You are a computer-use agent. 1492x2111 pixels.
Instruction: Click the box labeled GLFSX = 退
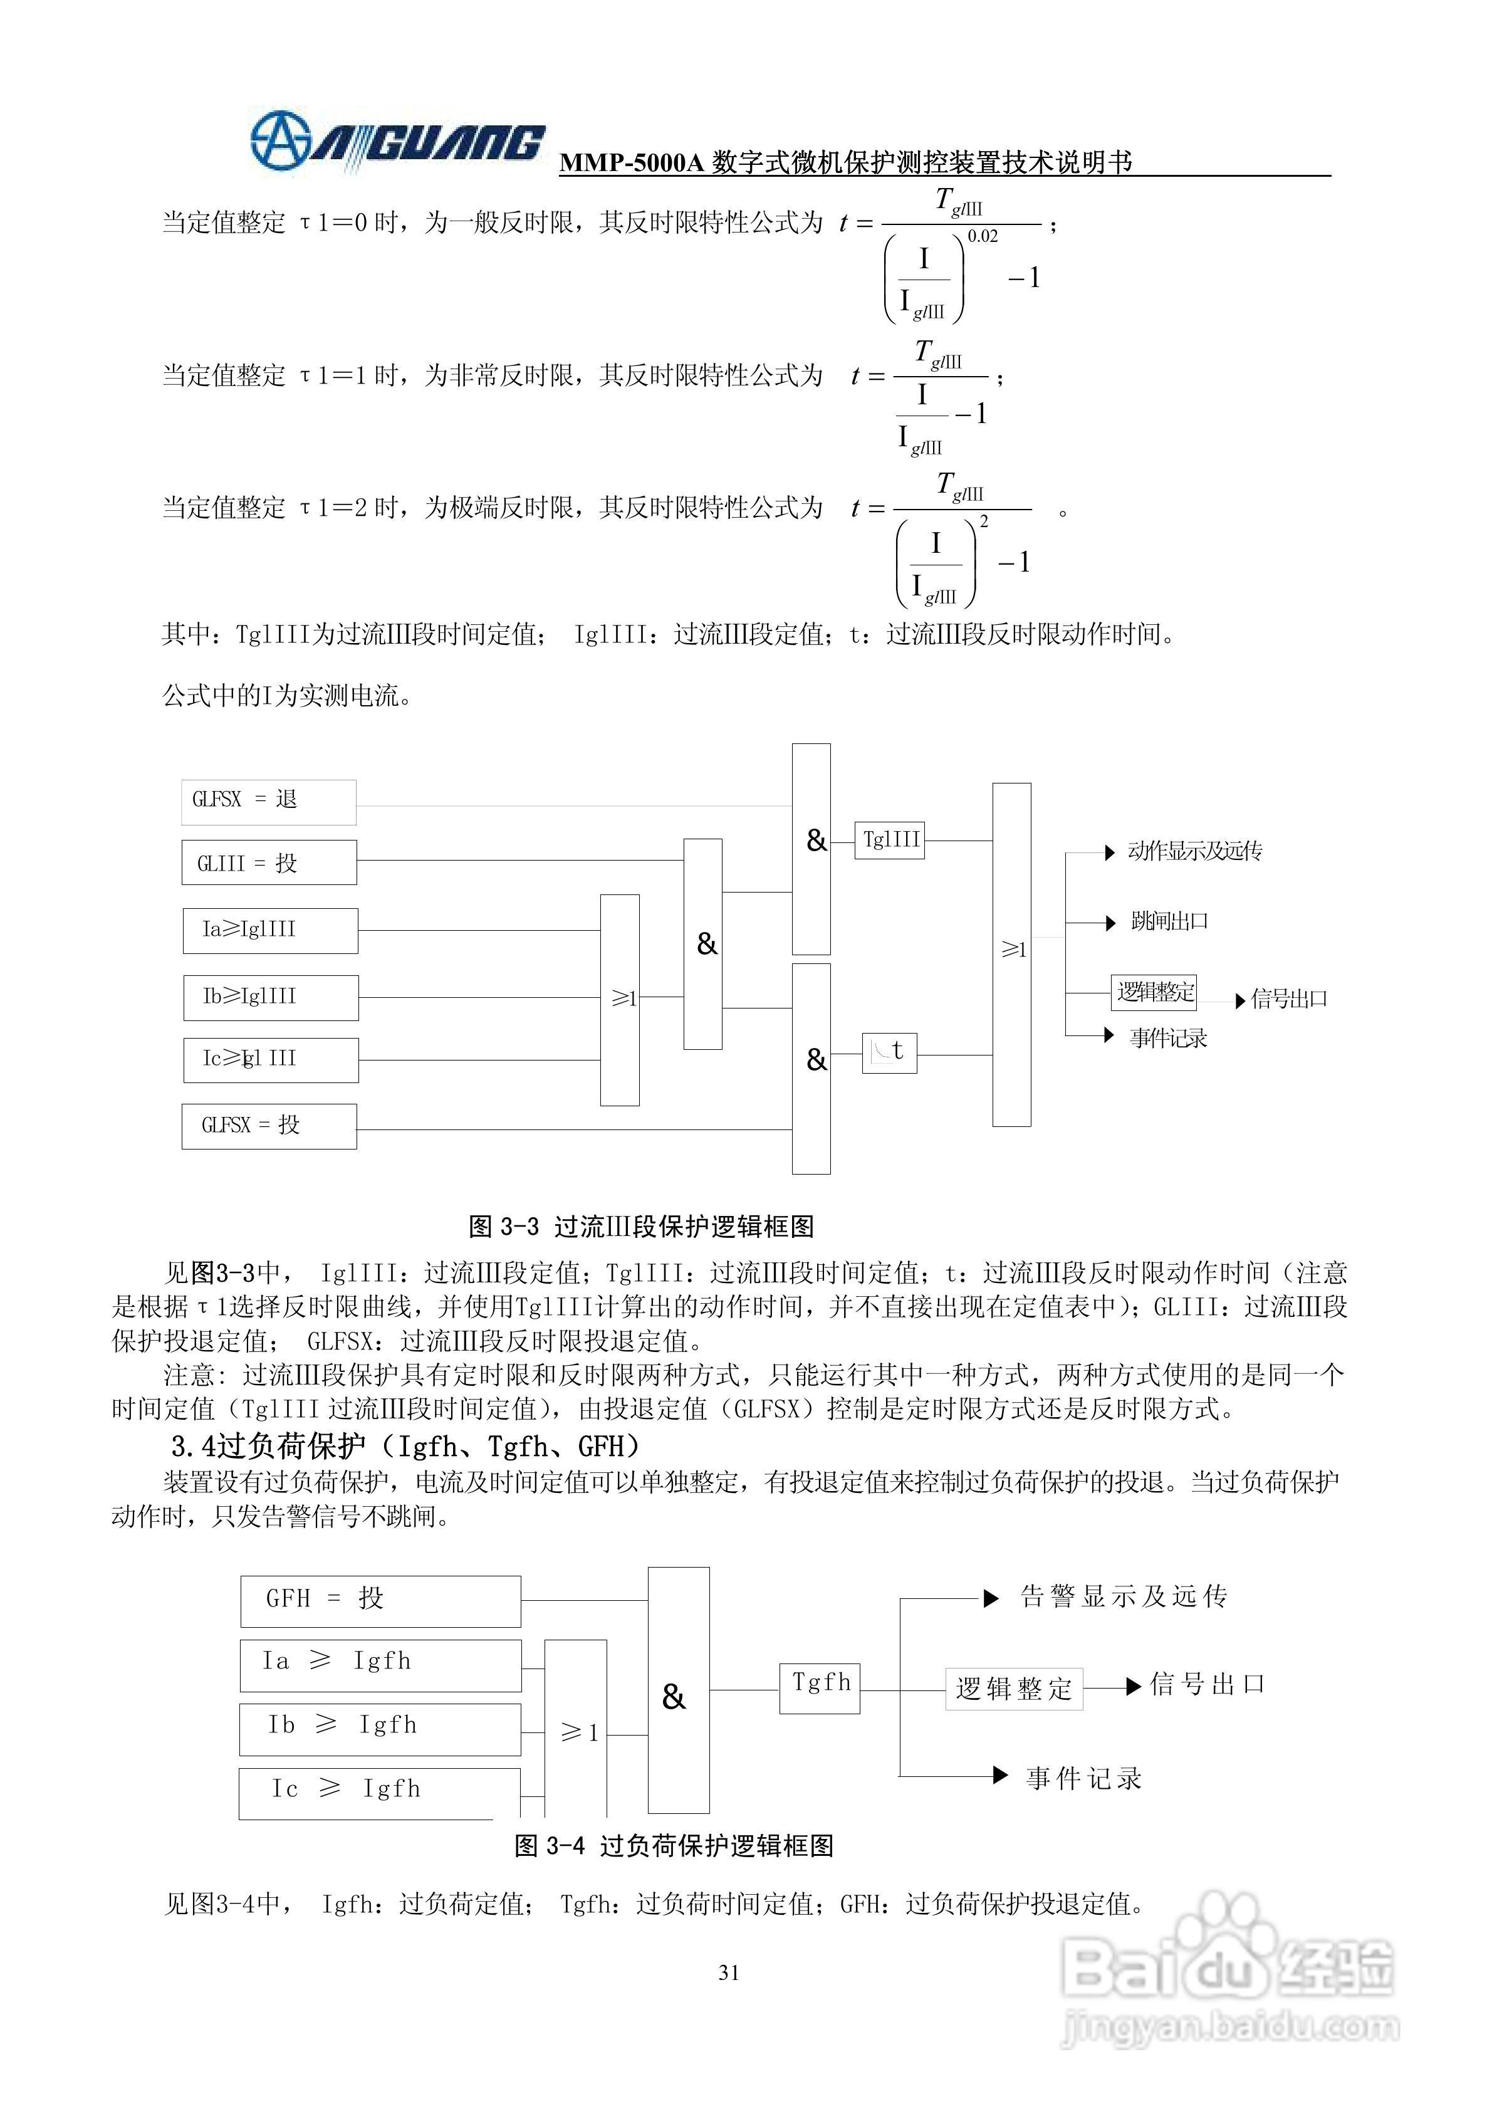click(x=268, y=801)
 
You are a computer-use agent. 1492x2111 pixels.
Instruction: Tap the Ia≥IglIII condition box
click(x=270, y=930)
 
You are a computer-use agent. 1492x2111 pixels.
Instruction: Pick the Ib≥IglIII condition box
click(x=270, y=997)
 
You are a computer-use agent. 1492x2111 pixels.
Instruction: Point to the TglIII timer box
click(x=889, y=839)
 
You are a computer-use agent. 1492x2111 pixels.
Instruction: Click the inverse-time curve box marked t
click(x=889, y=1052)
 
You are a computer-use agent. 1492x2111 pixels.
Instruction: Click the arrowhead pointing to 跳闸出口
click(x=1110, y=922)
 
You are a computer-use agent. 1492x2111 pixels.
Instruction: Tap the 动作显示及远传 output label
click(x=1194, y=851)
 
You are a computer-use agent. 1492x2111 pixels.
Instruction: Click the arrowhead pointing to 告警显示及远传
click(x=990, y=1598)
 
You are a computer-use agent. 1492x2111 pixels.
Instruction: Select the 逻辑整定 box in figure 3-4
click(x=1013, y=1688)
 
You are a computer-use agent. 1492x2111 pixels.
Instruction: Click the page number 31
click(x=729, y=1972)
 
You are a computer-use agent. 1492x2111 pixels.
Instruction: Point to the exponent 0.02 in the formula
click(x=982, y=236)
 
